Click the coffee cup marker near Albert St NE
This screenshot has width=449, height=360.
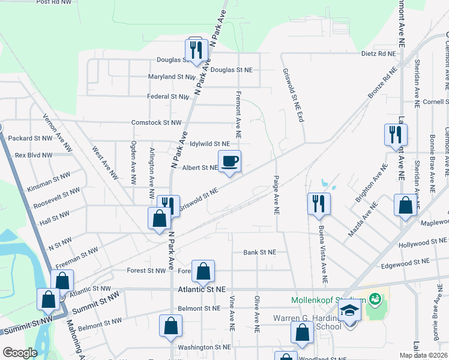(229, 161)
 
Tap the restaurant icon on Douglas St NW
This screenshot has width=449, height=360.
(196, 50)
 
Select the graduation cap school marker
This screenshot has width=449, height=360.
(349, 311)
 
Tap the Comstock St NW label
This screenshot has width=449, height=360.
(157, 122)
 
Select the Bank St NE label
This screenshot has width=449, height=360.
(259, 253)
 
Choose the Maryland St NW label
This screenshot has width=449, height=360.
(172, 77)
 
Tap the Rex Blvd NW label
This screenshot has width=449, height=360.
(33, 154)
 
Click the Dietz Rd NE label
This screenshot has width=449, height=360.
(379, 53)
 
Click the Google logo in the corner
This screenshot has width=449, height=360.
(20, 353)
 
